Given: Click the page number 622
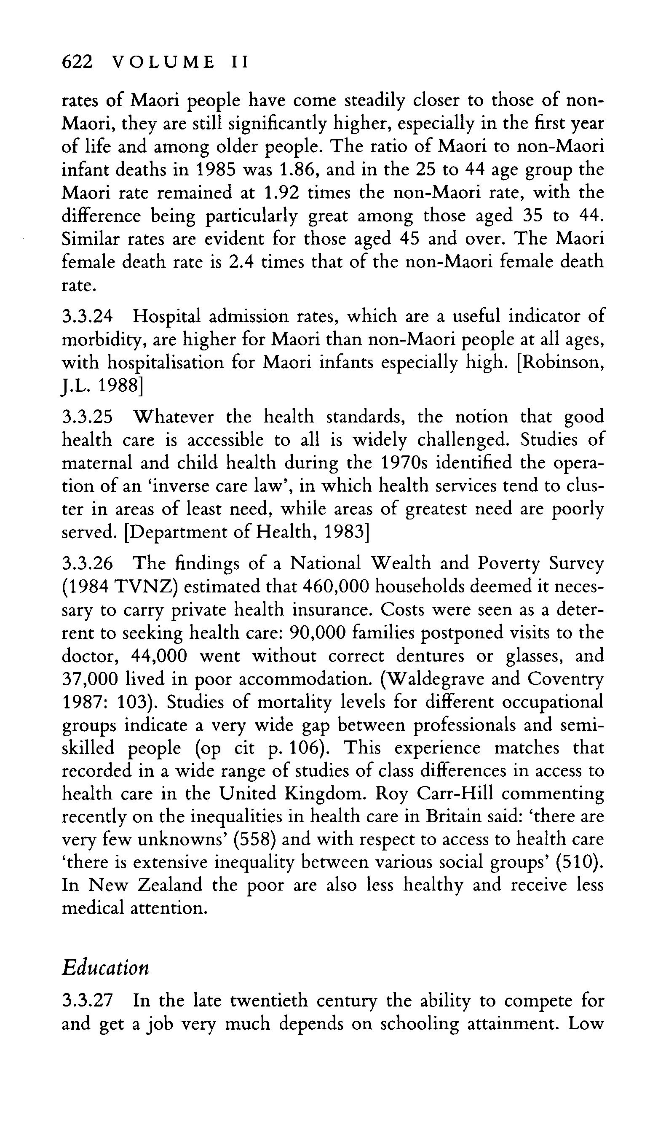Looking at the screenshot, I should (77, 62).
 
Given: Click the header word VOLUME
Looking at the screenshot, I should (163, 62).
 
